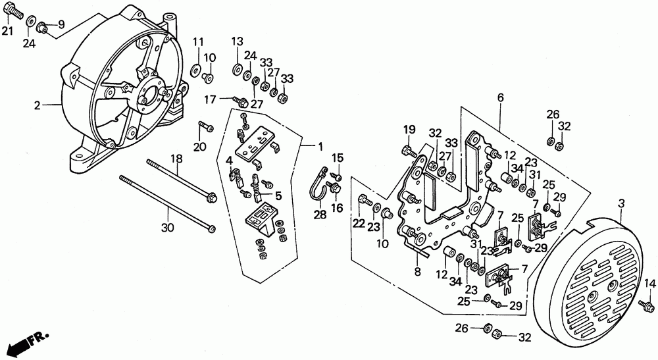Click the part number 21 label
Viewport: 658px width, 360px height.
7,31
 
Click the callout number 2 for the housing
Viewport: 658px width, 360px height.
38,105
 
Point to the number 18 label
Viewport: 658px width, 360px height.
176,159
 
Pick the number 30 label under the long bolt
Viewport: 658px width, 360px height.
167,228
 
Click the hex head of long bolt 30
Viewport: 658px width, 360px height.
212,228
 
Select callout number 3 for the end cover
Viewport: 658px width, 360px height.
622,203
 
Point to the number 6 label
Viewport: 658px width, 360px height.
500,97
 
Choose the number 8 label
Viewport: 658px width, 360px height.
417,271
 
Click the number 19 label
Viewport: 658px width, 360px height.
409,129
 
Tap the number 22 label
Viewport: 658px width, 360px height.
359,224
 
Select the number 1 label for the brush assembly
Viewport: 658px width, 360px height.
320,147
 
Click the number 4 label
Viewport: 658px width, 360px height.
229,161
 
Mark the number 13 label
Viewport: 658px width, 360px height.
237,41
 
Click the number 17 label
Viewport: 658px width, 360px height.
211,100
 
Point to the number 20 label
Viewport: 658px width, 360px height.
200,146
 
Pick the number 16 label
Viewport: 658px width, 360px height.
337,208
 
